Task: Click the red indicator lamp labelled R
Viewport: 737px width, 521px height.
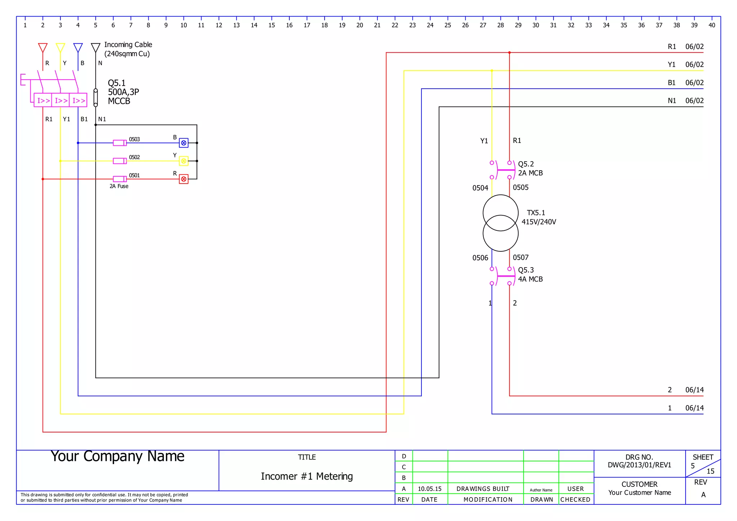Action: [184, 179]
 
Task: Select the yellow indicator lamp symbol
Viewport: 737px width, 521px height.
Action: [184, 161]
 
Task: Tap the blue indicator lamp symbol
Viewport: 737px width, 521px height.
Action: [184, 143]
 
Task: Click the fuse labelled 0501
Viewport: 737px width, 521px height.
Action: [119, 179]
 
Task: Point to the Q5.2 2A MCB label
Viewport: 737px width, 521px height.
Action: [530, 169]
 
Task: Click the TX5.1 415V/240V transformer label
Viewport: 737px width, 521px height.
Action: [538, 217]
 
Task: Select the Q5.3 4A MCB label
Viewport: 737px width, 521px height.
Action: [530, 275]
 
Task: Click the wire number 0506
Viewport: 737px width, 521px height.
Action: [480, 258]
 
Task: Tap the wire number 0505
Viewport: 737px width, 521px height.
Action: [520, 187]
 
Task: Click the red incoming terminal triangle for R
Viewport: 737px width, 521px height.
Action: [43, 47]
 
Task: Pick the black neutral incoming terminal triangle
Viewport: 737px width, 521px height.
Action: [95, 47]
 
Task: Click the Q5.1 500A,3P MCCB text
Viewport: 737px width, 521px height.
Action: [123, 92]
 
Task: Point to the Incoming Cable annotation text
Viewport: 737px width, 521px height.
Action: [128, 49]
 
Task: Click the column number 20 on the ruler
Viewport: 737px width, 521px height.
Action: [360, 25]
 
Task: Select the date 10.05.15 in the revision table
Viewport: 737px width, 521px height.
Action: [429, 489]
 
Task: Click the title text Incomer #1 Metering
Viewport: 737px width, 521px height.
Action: [307, 476]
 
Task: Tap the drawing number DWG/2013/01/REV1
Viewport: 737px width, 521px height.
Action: [639, 465]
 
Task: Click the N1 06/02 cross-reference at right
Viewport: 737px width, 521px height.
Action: [685, 101]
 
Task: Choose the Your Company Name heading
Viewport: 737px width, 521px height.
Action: [117, 456]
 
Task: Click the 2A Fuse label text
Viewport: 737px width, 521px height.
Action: [119, 186]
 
